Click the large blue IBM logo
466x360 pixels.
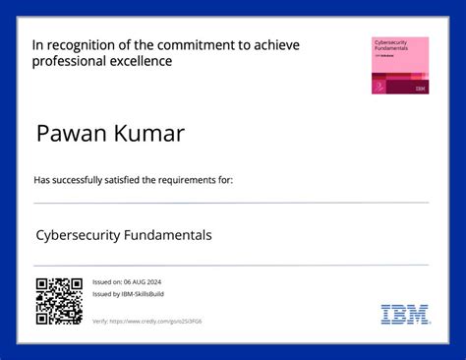405,315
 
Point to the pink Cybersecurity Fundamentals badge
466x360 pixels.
399,65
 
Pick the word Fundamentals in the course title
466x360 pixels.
169,236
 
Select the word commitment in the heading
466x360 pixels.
200,45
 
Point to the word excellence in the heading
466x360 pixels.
141,61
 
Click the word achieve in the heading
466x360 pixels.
274,45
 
